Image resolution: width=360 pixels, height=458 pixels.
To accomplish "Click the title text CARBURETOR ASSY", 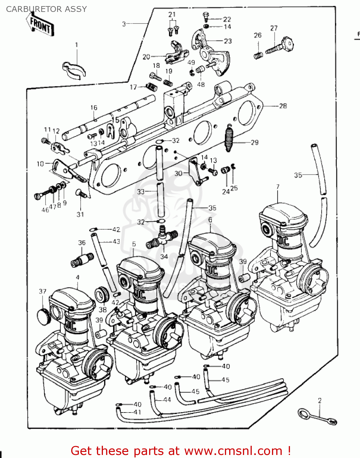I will click(x=46, y=9).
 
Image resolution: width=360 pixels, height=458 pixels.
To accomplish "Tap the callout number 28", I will click(x=283, y=106).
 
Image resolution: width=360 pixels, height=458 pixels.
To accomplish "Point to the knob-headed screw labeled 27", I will click(x=281, y=47).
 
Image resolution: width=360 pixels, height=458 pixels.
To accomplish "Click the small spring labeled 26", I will click(x=258, y=55).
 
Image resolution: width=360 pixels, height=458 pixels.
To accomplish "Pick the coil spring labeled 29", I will click(x=229, y=138).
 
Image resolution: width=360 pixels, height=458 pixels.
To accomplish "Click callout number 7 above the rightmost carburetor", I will click(x=277, y=187).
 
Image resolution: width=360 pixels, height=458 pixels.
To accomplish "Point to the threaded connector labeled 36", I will click(x=82, y=260).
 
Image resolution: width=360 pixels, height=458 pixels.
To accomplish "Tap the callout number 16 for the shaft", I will click(x=94, y=107).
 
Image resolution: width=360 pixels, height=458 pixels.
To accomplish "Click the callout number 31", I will click(x=80, y=214).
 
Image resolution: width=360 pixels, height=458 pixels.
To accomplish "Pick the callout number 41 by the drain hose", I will click(x=137, y=412).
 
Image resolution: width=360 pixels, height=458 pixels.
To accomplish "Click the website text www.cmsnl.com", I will click(x=233, y=451).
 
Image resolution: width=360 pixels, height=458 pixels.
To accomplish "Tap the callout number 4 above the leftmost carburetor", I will click(x=78, y=277).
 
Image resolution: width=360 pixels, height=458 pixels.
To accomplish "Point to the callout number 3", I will click(x=124, y=24).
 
